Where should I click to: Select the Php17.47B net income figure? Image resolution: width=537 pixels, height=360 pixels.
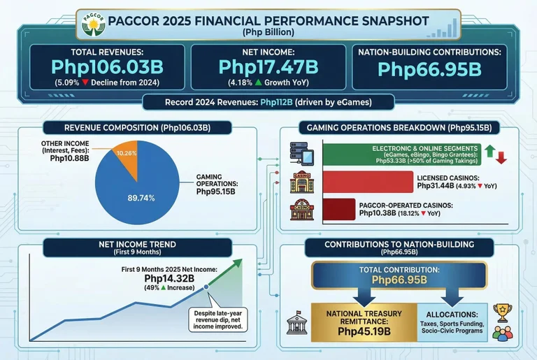tap(268, 67)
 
